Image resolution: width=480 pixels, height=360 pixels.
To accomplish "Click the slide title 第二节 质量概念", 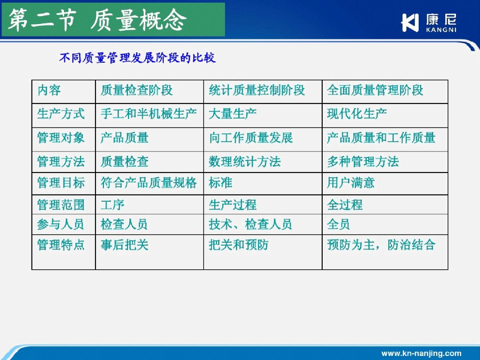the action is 97,20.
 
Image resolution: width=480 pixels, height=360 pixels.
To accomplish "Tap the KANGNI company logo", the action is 428,23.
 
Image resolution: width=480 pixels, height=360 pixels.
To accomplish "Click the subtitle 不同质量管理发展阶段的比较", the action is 137,57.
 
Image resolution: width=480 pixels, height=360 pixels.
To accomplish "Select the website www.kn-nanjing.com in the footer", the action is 421,353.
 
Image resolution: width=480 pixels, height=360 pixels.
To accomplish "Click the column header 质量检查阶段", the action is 136,90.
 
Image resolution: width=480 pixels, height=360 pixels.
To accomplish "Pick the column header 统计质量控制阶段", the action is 257,90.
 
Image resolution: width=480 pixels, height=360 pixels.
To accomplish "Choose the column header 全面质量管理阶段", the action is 375,90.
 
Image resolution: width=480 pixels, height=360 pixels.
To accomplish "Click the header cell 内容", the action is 49,90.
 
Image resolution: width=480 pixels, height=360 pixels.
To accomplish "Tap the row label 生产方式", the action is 61,114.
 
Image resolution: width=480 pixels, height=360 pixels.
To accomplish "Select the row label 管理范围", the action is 61,204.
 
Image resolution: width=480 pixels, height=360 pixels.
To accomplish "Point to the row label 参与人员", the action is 60,224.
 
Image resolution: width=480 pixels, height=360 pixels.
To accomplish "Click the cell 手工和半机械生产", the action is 149,114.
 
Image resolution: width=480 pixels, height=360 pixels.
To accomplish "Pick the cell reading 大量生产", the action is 232,114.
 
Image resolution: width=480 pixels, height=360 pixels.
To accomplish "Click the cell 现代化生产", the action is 357,114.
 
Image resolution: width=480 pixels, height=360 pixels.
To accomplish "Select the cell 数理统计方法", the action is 245,162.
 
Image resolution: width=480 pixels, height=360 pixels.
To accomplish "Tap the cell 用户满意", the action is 351,183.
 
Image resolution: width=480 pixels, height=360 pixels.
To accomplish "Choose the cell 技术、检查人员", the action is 250,224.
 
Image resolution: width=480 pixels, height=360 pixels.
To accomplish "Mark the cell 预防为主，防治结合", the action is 381,244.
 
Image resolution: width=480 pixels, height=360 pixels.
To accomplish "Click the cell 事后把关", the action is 124,244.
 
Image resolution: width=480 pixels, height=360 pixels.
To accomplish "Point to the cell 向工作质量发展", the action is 251,138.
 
